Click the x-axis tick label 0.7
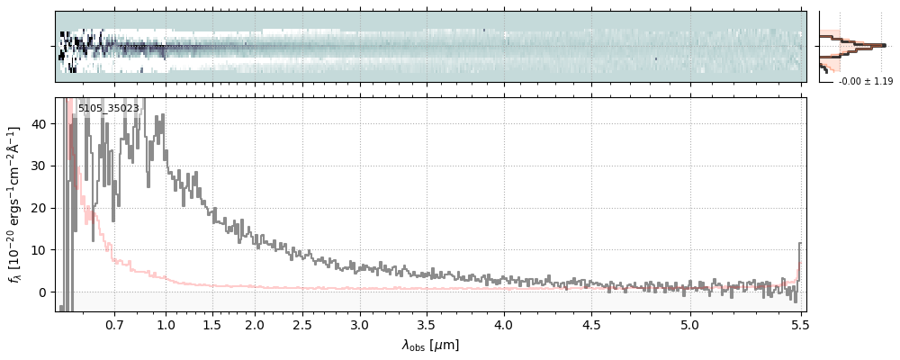tap(114, 324)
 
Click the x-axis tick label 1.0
tap(166, 324)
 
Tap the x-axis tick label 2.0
tap(255, 324)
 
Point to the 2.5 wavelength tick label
tap(302, 324)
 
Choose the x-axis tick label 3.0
tap(360, 324)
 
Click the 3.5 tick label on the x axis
tap(428, 324)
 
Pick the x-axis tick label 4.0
tap(504, 324)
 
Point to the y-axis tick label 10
tap(40, 250)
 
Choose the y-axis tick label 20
tap(40, 208)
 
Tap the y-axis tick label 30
tap(40, 166)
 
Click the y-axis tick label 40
tap(40, 124)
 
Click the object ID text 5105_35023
tap(108, 108)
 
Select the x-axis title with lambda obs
tap(430, 345)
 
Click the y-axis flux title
tap(15, 204)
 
